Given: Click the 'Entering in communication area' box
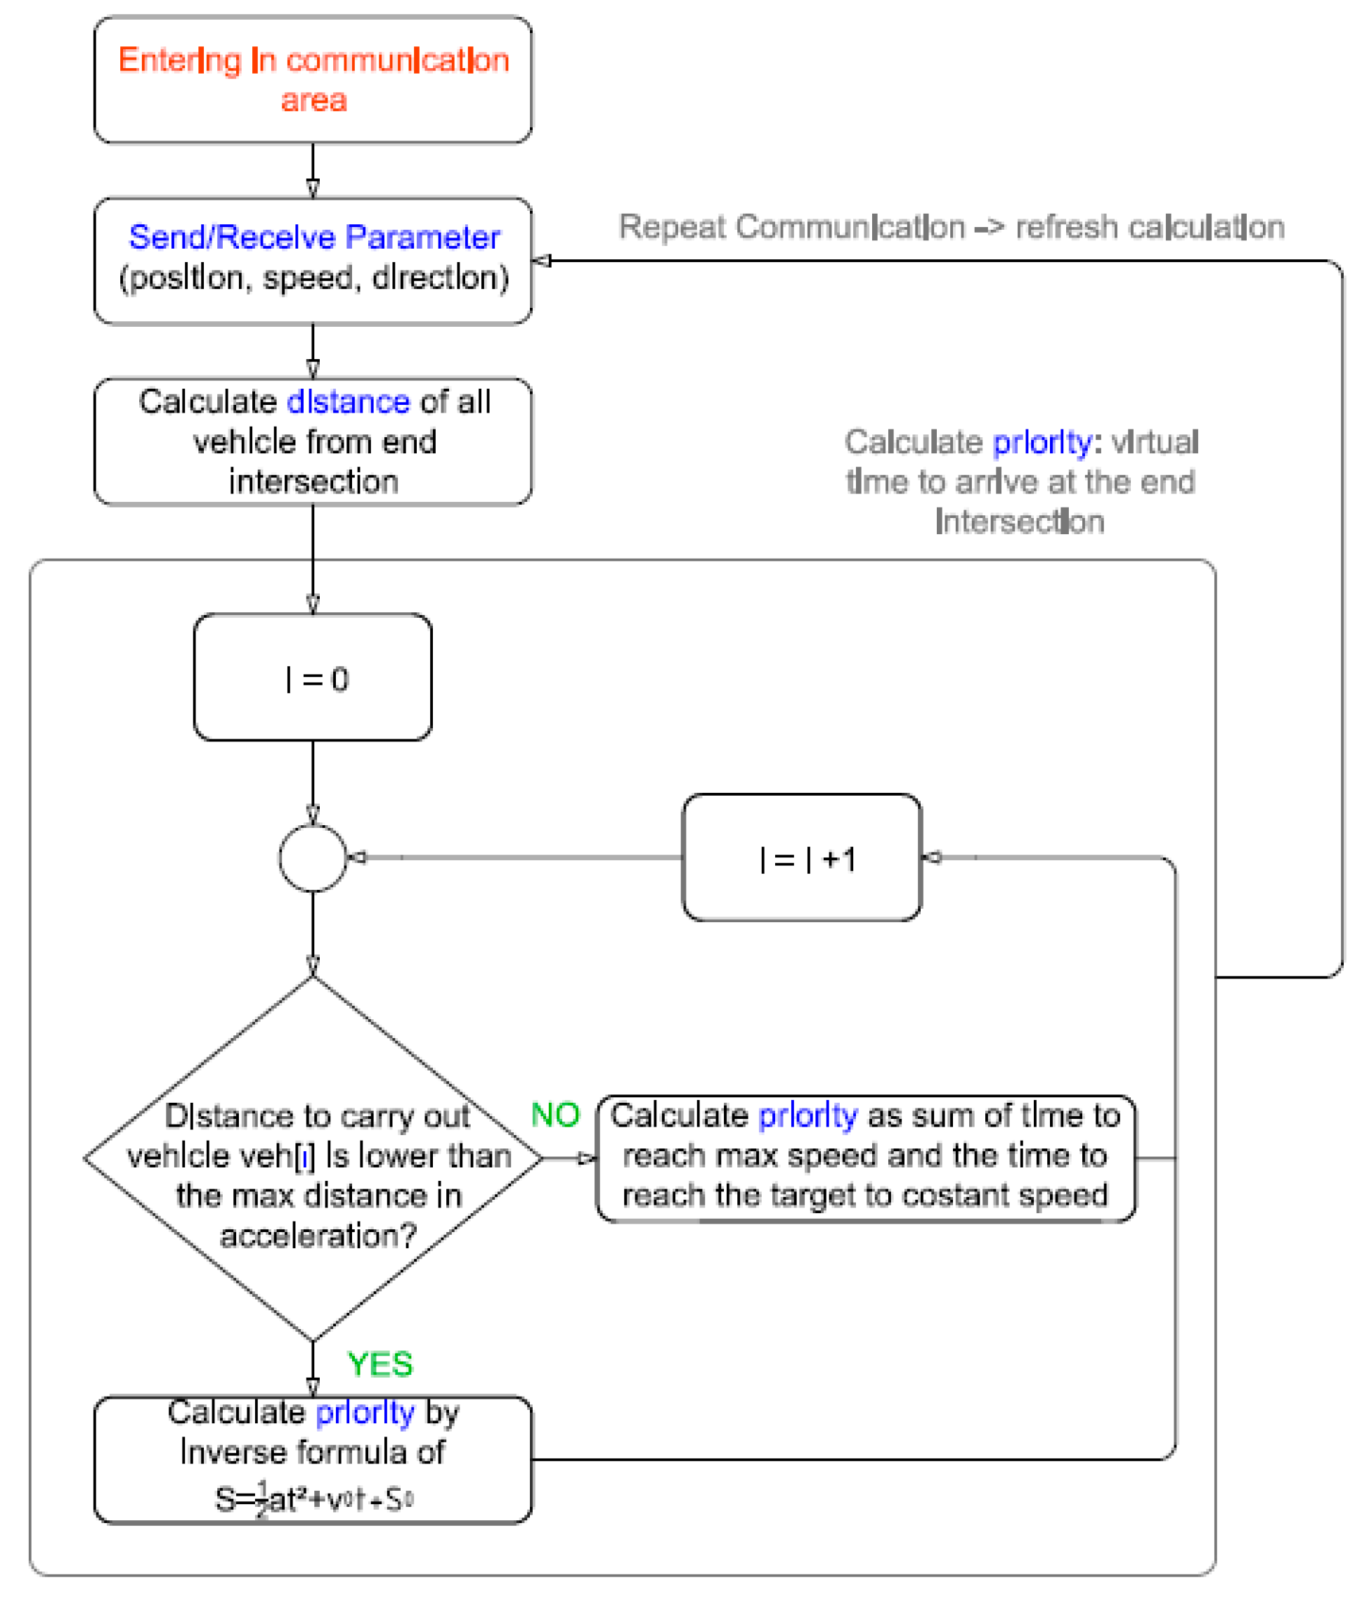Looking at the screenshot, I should (313, 79).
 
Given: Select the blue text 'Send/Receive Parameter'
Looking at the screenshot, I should (314, 237).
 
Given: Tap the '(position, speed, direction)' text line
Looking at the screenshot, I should (314, 278).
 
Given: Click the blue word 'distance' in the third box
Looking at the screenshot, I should (348, 402).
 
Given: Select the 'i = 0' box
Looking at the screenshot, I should (313, 678).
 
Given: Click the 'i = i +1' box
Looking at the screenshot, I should (802, 857).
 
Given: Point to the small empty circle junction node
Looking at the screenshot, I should (313, 857).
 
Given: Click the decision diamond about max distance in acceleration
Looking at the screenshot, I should (313, 1158).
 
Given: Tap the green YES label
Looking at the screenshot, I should (379, 1364).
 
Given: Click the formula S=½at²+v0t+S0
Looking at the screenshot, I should (314, 1499).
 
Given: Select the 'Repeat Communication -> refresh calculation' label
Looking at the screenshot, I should (951, 228).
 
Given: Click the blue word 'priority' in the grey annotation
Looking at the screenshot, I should (1041, 442).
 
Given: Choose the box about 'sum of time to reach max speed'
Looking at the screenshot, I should (865, 1158).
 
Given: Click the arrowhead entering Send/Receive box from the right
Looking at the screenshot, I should (542, 261).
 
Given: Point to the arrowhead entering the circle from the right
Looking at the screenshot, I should (356, 857).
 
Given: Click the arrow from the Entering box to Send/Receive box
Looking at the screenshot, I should (313, 171).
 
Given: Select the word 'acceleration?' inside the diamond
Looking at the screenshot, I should (318, 1236).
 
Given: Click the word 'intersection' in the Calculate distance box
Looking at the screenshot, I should (313, 481).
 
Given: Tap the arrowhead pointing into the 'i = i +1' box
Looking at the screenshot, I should (932, 857).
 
